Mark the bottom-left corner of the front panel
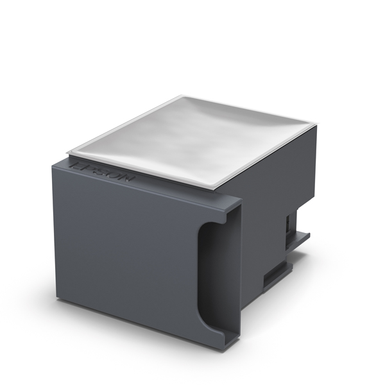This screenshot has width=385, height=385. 57,299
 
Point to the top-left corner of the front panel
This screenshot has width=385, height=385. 52,160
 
